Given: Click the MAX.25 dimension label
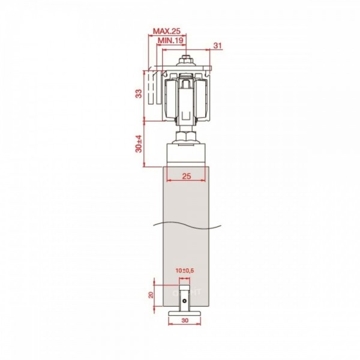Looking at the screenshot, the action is click(x=167, y=31).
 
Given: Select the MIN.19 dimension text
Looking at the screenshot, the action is click(x=171, y=40).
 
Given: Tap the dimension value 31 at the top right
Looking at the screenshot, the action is click(x=218, y=46).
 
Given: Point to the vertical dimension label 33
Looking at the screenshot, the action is click(x=139, y=94).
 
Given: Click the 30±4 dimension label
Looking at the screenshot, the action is click(x=139, y=144).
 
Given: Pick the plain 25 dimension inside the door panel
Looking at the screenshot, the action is click(x=187, y=176).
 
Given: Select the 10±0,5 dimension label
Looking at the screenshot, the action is click(x=185, y=271).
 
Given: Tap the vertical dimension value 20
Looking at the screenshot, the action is click(x=151, y=295).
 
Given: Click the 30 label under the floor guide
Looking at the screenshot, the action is click(x=185, y=320).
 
